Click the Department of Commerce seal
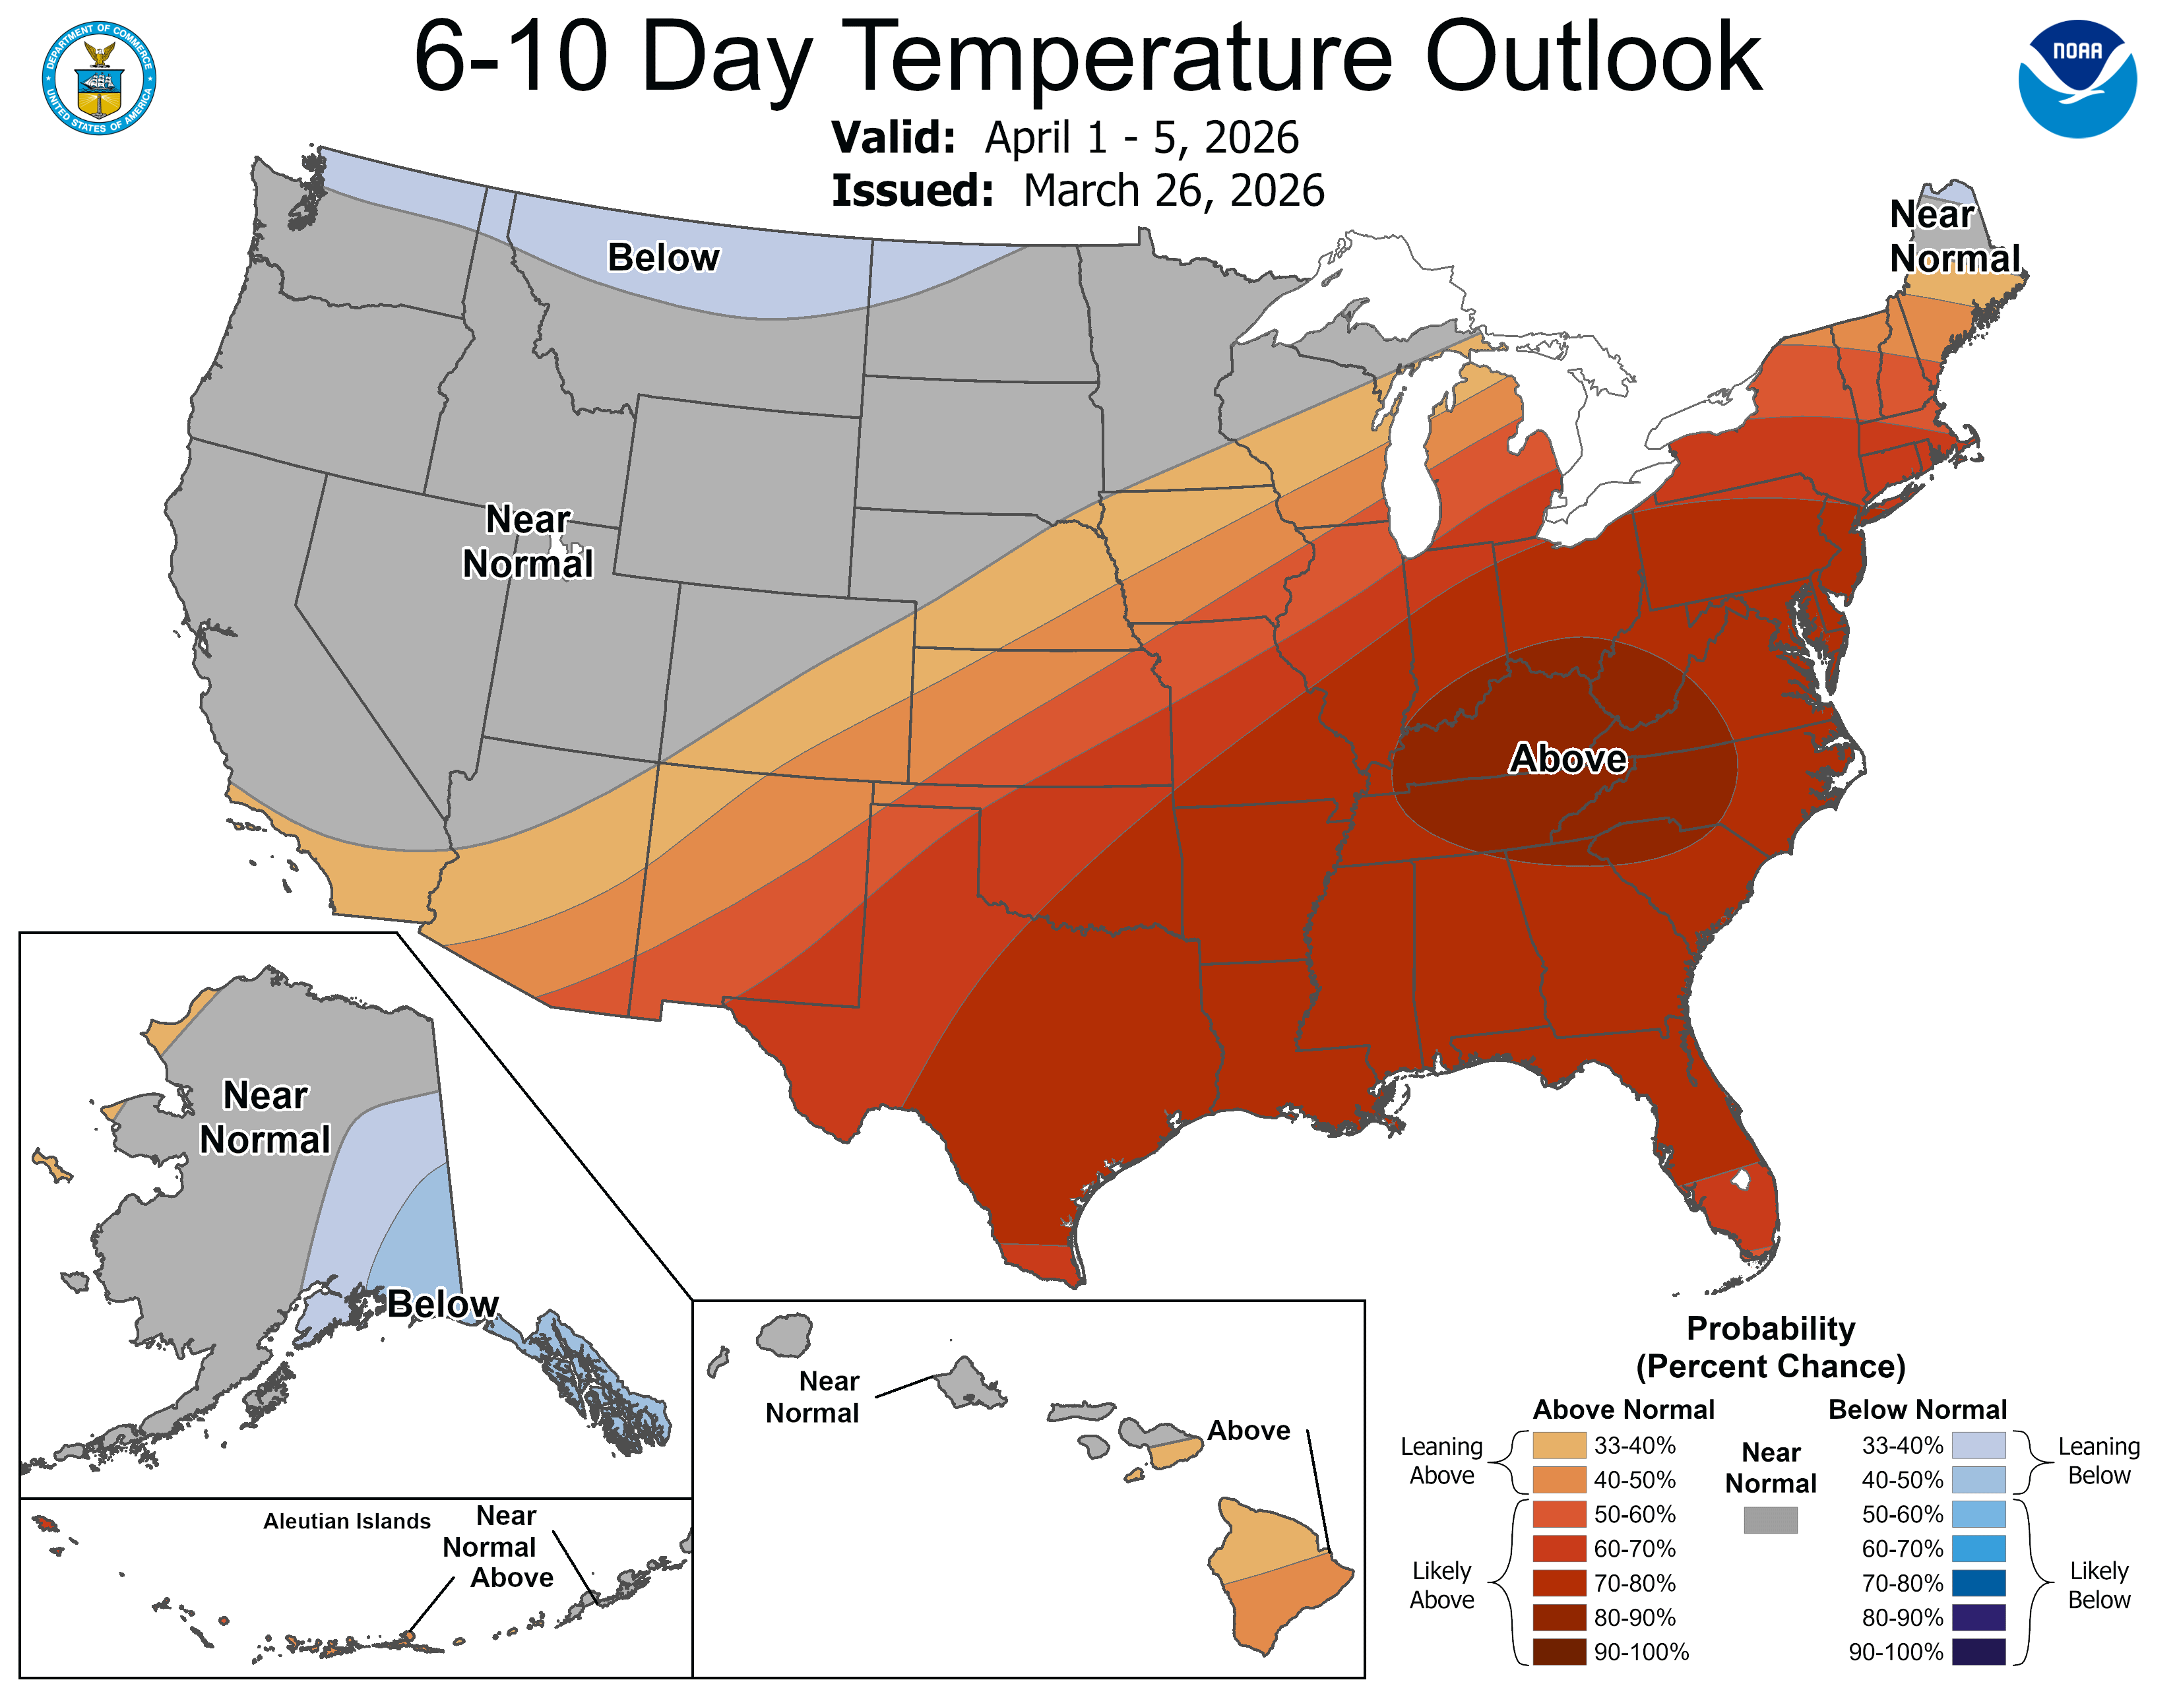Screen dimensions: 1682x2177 [99, 78]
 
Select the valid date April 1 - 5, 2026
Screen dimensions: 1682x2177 [1141, 137]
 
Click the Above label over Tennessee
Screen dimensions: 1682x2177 [1568, 759]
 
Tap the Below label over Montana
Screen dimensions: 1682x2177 [663, 257]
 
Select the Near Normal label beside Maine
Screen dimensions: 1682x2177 [1954, 236]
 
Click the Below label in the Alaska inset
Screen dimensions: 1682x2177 [443, 1303]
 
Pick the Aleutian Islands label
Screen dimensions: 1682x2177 [347, 1520]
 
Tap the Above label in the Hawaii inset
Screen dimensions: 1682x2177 [1248, 1430]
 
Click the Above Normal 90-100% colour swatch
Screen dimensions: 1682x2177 [1559, 1652]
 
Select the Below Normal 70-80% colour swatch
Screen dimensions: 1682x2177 [1978, 1583]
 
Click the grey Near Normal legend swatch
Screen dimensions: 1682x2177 [1771, 1520]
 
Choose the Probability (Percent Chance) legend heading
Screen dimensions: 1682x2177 [1771, 1346]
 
